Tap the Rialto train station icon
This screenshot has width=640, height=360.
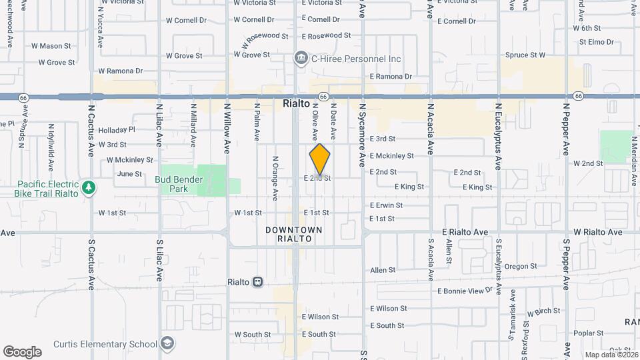pyautogui.click(x=257, y=281)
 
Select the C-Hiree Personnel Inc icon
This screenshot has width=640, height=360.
pyautogui.click(x=301, y=59)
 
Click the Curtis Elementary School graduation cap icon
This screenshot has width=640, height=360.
pyautogui.click(x=169, y=344)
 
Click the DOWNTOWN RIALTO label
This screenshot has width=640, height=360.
pyautogui.click(x=293, y=234)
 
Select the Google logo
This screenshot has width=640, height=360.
pyautogui.click(x=22, y=351)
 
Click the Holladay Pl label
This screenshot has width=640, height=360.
pyautogui.click(x=117, y=130)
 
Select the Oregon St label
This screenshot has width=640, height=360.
pyautogui.click(x=521, y=266)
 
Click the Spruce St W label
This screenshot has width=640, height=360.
pyautogui.click(x=525, y=55)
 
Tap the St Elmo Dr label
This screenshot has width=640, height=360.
pyautogui.click(x=596, y=41)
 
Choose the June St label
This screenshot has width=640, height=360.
pyautogui.click(x=129, y=174)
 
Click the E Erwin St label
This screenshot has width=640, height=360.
pyautogui.click(x=386, y=205)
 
